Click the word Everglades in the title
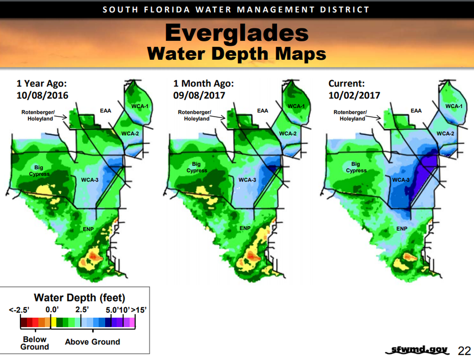click(237, 33)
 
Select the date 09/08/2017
click(199, 95)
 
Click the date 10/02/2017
click(354, 95)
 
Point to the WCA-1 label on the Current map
click(454, 106)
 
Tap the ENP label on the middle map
click(245, 228)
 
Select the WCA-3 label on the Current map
click(401, 180)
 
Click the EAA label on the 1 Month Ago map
click(262, 111)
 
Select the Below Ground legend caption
click(35, 343)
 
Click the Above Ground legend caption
click(92, 342)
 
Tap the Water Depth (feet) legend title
click(79, 298)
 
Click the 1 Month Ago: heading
click(203, 84)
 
